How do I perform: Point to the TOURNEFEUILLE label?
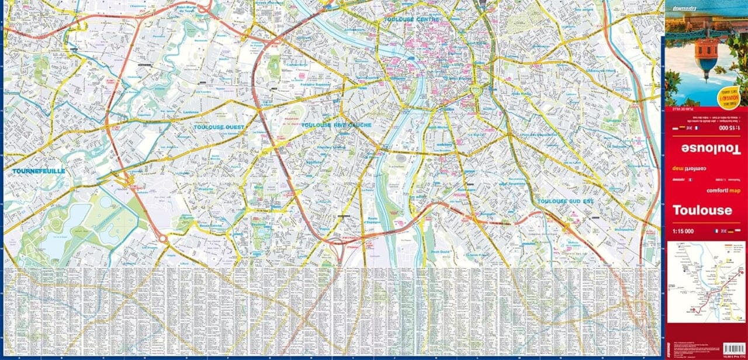pos(38,171)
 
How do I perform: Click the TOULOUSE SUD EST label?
pos(565,201)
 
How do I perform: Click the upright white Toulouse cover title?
pos(702,210)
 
